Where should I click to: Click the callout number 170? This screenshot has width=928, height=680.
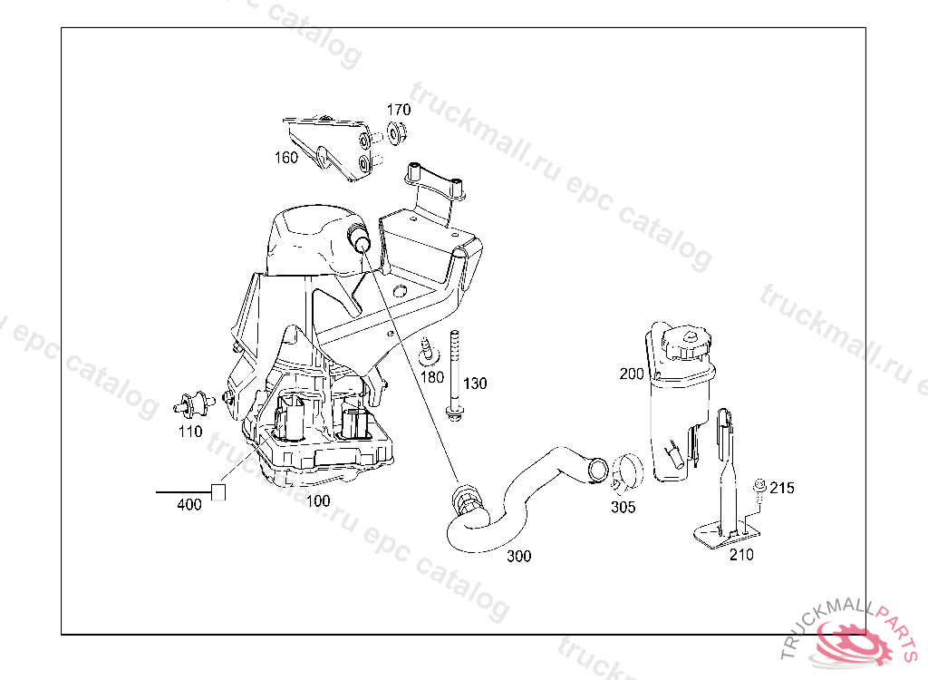399,110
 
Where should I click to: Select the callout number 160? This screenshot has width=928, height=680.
285,158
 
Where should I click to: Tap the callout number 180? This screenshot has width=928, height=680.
431,377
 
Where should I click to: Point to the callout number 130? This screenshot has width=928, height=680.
475,384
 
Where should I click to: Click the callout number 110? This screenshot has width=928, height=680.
190,432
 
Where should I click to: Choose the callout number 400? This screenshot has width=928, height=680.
188,505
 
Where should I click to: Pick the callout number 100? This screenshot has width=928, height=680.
318,501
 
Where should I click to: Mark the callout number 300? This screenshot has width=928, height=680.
519,556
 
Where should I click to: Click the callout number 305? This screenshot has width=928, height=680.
623,507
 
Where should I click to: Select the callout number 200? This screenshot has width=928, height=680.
632,374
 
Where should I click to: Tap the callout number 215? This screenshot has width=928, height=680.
782,488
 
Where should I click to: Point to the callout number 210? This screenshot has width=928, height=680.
741,555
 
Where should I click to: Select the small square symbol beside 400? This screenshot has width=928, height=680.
218,492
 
